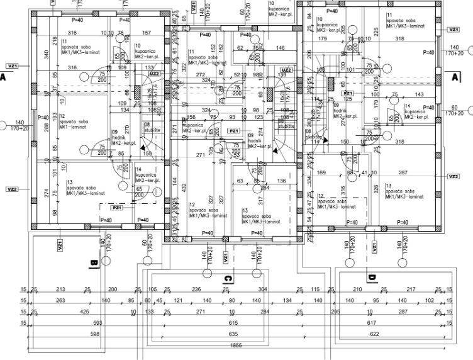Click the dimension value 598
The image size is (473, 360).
(x=95, y=334)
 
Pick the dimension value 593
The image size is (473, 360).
(x=96, y=322)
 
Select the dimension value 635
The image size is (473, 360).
(x=233, y=334)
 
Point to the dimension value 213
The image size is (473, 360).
(x=61, y=289)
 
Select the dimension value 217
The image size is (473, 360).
(x=411, y=289)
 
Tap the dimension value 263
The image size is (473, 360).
(x=60, y=300)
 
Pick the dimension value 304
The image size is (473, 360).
(x=262, y=289)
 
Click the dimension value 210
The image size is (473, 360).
(x=357, y=289)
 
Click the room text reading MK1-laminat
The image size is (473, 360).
(x=72, y=127)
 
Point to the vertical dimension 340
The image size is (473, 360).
(x=47, y=53)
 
